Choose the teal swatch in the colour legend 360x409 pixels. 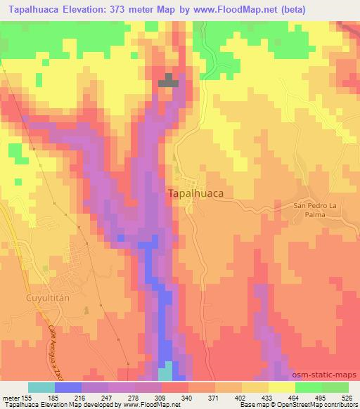(x=41, y=387)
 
